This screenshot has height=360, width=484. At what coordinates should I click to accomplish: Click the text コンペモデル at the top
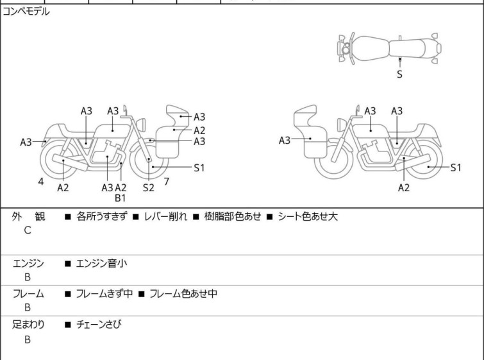pos(26,12)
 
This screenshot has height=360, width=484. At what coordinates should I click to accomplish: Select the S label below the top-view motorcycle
pos(399,74)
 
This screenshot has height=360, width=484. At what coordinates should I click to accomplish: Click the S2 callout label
pos(149,187)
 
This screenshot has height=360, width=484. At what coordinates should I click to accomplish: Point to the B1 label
pos(121,198)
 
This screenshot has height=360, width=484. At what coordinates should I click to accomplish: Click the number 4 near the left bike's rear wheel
pos(41,182)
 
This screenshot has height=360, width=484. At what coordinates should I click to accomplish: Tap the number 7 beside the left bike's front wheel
pos(166,182)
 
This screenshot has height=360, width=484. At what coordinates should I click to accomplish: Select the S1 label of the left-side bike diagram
pos(199,167)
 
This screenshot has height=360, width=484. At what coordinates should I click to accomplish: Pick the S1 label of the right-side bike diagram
pos(456,167)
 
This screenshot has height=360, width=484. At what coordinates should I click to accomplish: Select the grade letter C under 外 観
pos(28,231)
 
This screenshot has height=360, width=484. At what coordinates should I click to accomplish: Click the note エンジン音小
pos(101,263)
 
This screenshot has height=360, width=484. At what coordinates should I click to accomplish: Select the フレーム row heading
pos(28,294)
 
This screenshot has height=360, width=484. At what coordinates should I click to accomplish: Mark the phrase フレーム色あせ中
pos(183,294)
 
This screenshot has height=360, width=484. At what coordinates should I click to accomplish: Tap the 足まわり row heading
pos(28,325)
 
